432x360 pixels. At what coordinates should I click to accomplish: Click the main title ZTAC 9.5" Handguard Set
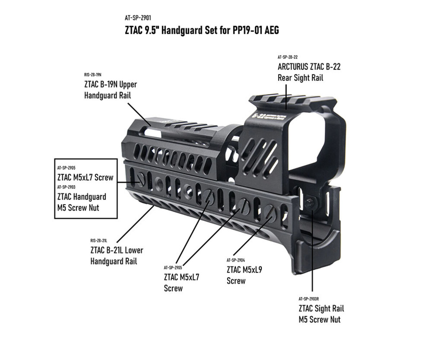click(202, 30)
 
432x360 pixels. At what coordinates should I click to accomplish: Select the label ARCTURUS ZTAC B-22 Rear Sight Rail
click(309, 72)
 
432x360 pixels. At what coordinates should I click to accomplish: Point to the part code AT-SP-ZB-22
click(288, 57)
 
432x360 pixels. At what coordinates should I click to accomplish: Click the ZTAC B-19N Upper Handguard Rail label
click(110, 90)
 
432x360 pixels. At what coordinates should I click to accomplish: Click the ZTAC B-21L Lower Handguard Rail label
click(117, 256)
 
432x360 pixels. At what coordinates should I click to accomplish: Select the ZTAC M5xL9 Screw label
click(244, 275)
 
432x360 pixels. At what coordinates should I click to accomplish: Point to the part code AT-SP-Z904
click(236, 260)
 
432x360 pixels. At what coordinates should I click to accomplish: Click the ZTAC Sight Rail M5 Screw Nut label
click(321, 314)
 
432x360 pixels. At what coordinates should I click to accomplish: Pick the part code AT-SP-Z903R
click(309, 298)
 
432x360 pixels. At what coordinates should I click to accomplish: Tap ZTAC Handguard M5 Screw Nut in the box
click(81, 202)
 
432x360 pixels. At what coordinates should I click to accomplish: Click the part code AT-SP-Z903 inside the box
click(66, 187)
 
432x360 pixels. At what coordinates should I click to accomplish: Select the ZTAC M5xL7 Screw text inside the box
click(85, 177)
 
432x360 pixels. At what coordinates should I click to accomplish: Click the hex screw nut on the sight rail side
click(309, 203)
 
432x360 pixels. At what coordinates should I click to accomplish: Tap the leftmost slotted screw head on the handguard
click(141, 179)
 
